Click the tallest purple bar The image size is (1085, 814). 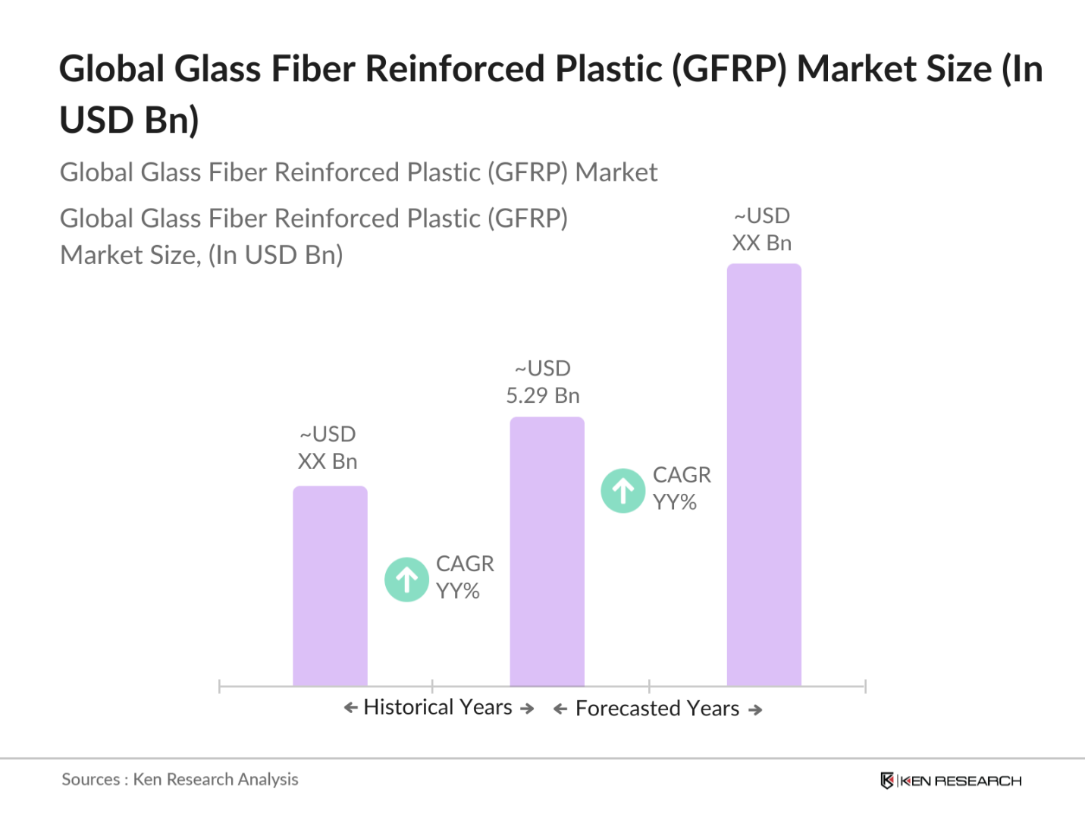(764, 474)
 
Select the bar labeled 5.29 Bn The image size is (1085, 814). (547, 552)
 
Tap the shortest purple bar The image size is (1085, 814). (330, 586)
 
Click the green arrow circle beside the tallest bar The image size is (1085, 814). (623, 491)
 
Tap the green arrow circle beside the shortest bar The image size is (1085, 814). (406, 580)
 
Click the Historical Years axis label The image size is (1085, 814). (438, 707)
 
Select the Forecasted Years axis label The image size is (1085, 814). (657, 709)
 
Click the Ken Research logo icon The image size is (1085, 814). (886, 781)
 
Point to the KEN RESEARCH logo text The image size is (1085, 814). (961, 781)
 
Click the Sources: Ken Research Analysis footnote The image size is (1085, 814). (180, 779)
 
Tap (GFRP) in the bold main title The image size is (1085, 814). (729, 69)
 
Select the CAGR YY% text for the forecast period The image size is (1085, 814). (681, 489)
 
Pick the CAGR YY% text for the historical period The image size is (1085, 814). (464, 577)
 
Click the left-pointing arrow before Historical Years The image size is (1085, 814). (350, 708)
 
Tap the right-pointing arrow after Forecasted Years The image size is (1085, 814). (755, 709)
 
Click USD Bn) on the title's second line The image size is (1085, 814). (129, 120)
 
